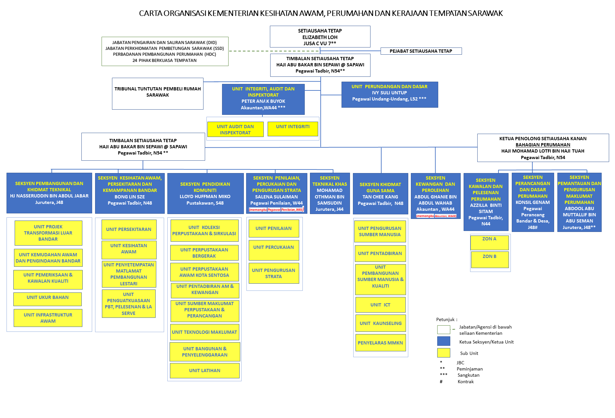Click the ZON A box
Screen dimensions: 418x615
pyautogui.click(x=489, y=242)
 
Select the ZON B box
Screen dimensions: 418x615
pyautogui.click(x=490, y=260)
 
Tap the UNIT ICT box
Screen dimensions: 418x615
pyautogui.click(x=380, y=305)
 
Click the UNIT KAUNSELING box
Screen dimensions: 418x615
pyautogui.click(x=380, y=323)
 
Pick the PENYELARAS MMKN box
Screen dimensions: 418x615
pyautogui.click(x=380, y=343)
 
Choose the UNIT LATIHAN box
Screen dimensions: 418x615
pyautogui.click(x=204, y=371)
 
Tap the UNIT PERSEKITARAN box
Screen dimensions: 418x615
pyautogui.click(x=129, y=229)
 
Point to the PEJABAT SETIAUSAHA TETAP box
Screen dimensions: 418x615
pyautogui.click(x=421, y=51)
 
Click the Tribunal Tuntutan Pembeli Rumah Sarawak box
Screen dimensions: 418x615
pyautogui.click(x=158, y=93)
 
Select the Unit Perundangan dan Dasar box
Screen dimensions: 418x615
pyautogui.click(x=389, y=94)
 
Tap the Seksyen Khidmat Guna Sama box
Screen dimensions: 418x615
pyautogui.click(x=380, y=194)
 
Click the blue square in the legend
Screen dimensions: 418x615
pyautogui.click(x=443, y=341)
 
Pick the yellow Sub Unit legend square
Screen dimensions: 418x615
pyautogui.click(x=443, y=353)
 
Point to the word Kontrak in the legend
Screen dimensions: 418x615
pyautogui.click(x=466, y=382)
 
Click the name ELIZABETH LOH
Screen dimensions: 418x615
pyautogui.click(x=320, y=37)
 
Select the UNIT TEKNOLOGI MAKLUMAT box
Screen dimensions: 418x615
pyautogui.click(x=204, y=332)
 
